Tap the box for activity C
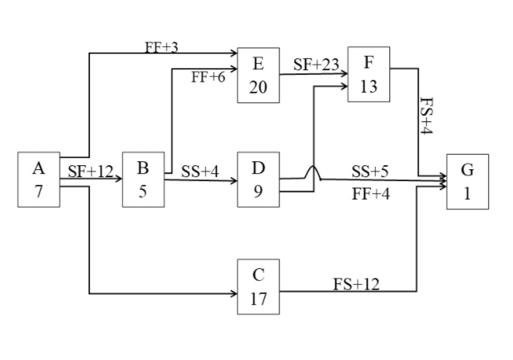[x=258, y=287]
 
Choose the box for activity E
[x=258, y=75]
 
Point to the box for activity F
[x=369, y=74]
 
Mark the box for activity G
[x=468, y=181]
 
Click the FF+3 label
[x=161, y=47]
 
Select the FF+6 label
[x=208, y=77]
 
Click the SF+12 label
[x=91, y=171]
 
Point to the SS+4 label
[x=199, y=171]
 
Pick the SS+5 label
[x=370, y=171]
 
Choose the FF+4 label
[x=370, y=193]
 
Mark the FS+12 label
[x=356, y=283]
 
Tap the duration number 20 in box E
[x=258, y=87]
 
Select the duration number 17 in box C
[x=258, y=299]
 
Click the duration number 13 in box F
[x=369, y=87]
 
